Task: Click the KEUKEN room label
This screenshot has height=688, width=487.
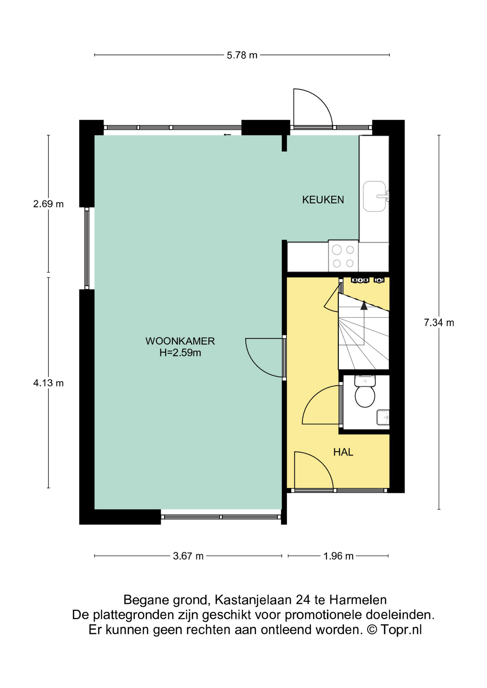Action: pos(323,200)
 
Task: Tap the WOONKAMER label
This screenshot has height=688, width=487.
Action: pos(180,341)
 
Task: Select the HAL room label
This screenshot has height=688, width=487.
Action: pos(343,452)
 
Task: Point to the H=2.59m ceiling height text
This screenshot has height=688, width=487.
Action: pos(180,353)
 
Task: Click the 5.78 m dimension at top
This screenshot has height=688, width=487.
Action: pos(242,55)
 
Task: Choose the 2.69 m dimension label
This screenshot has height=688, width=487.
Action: pos(48,204)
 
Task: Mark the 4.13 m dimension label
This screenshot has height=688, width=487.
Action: pos(48,383)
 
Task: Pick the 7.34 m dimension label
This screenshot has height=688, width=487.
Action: pos(439,322)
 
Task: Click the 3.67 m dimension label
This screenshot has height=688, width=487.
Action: pos(188,556)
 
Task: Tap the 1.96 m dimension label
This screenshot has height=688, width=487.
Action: pos(338,556)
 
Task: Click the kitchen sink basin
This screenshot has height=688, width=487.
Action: pos(374,196)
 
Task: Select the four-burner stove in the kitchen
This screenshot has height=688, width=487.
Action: pos(343,256)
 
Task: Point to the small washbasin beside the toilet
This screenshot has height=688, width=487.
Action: pos(383,417)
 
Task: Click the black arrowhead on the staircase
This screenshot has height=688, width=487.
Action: pos(364,305)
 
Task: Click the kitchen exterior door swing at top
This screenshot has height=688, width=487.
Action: pos(312,107)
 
